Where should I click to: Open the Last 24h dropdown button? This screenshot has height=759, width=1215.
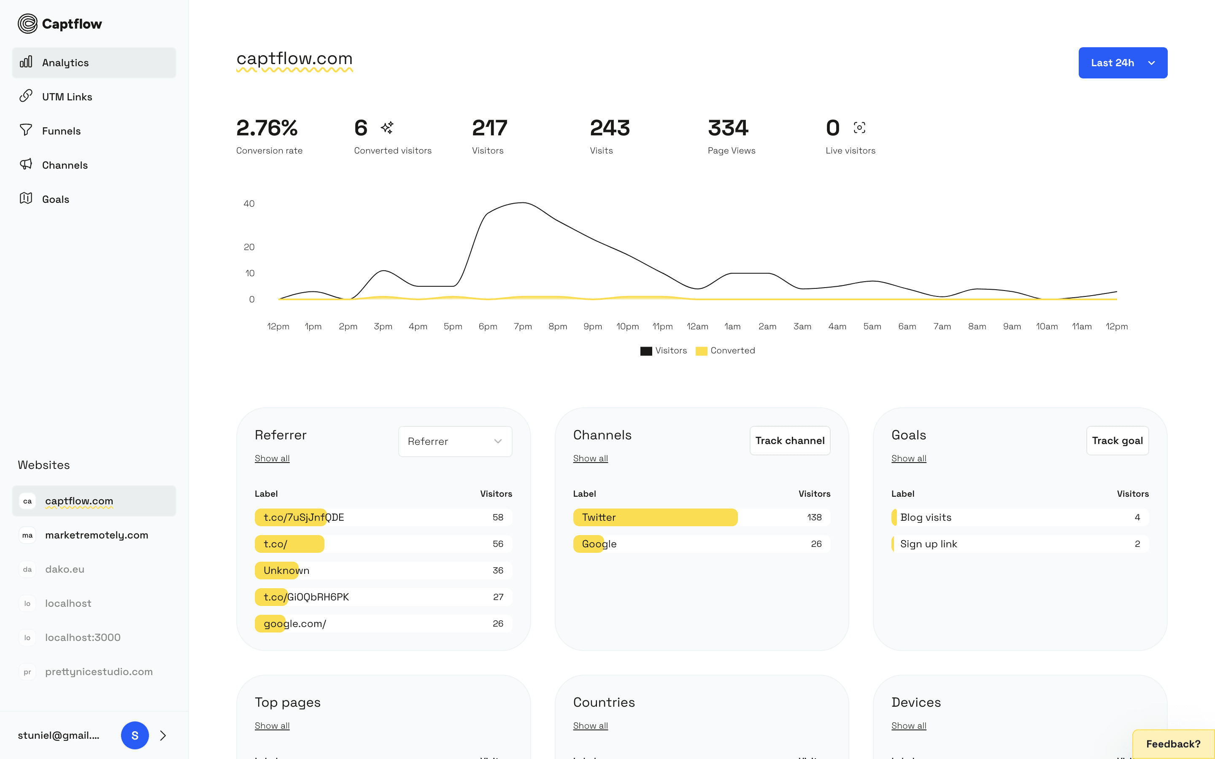point(1122,63)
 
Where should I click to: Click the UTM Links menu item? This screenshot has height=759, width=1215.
point(67,97)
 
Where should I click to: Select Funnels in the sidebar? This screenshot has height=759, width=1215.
point(61,131)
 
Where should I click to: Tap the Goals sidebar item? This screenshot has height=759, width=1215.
point(55,199)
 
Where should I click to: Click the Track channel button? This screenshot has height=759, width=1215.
point(789,440)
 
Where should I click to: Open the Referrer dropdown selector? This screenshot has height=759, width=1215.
point(455,441)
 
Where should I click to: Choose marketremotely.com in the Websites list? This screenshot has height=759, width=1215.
point(96,535)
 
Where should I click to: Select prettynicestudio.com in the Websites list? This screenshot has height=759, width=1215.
point(98,672)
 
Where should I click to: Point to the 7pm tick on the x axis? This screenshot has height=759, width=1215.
point(523,326)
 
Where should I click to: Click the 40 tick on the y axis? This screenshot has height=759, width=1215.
point(249,203)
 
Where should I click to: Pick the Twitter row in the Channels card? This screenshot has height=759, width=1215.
point(599,517)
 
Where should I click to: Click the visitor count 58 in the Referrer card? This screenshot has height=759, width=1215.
point(497,517)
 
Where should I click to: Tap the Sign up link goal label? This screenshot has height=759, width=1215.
point(928,544)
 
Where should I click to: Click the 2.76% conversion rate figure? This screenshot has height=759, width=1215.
point(267,128)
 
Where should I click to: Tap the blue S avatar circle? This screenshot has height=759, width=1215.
point(135,735)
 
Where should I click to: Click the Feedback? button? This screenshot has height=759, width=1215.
point(1173,744)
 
